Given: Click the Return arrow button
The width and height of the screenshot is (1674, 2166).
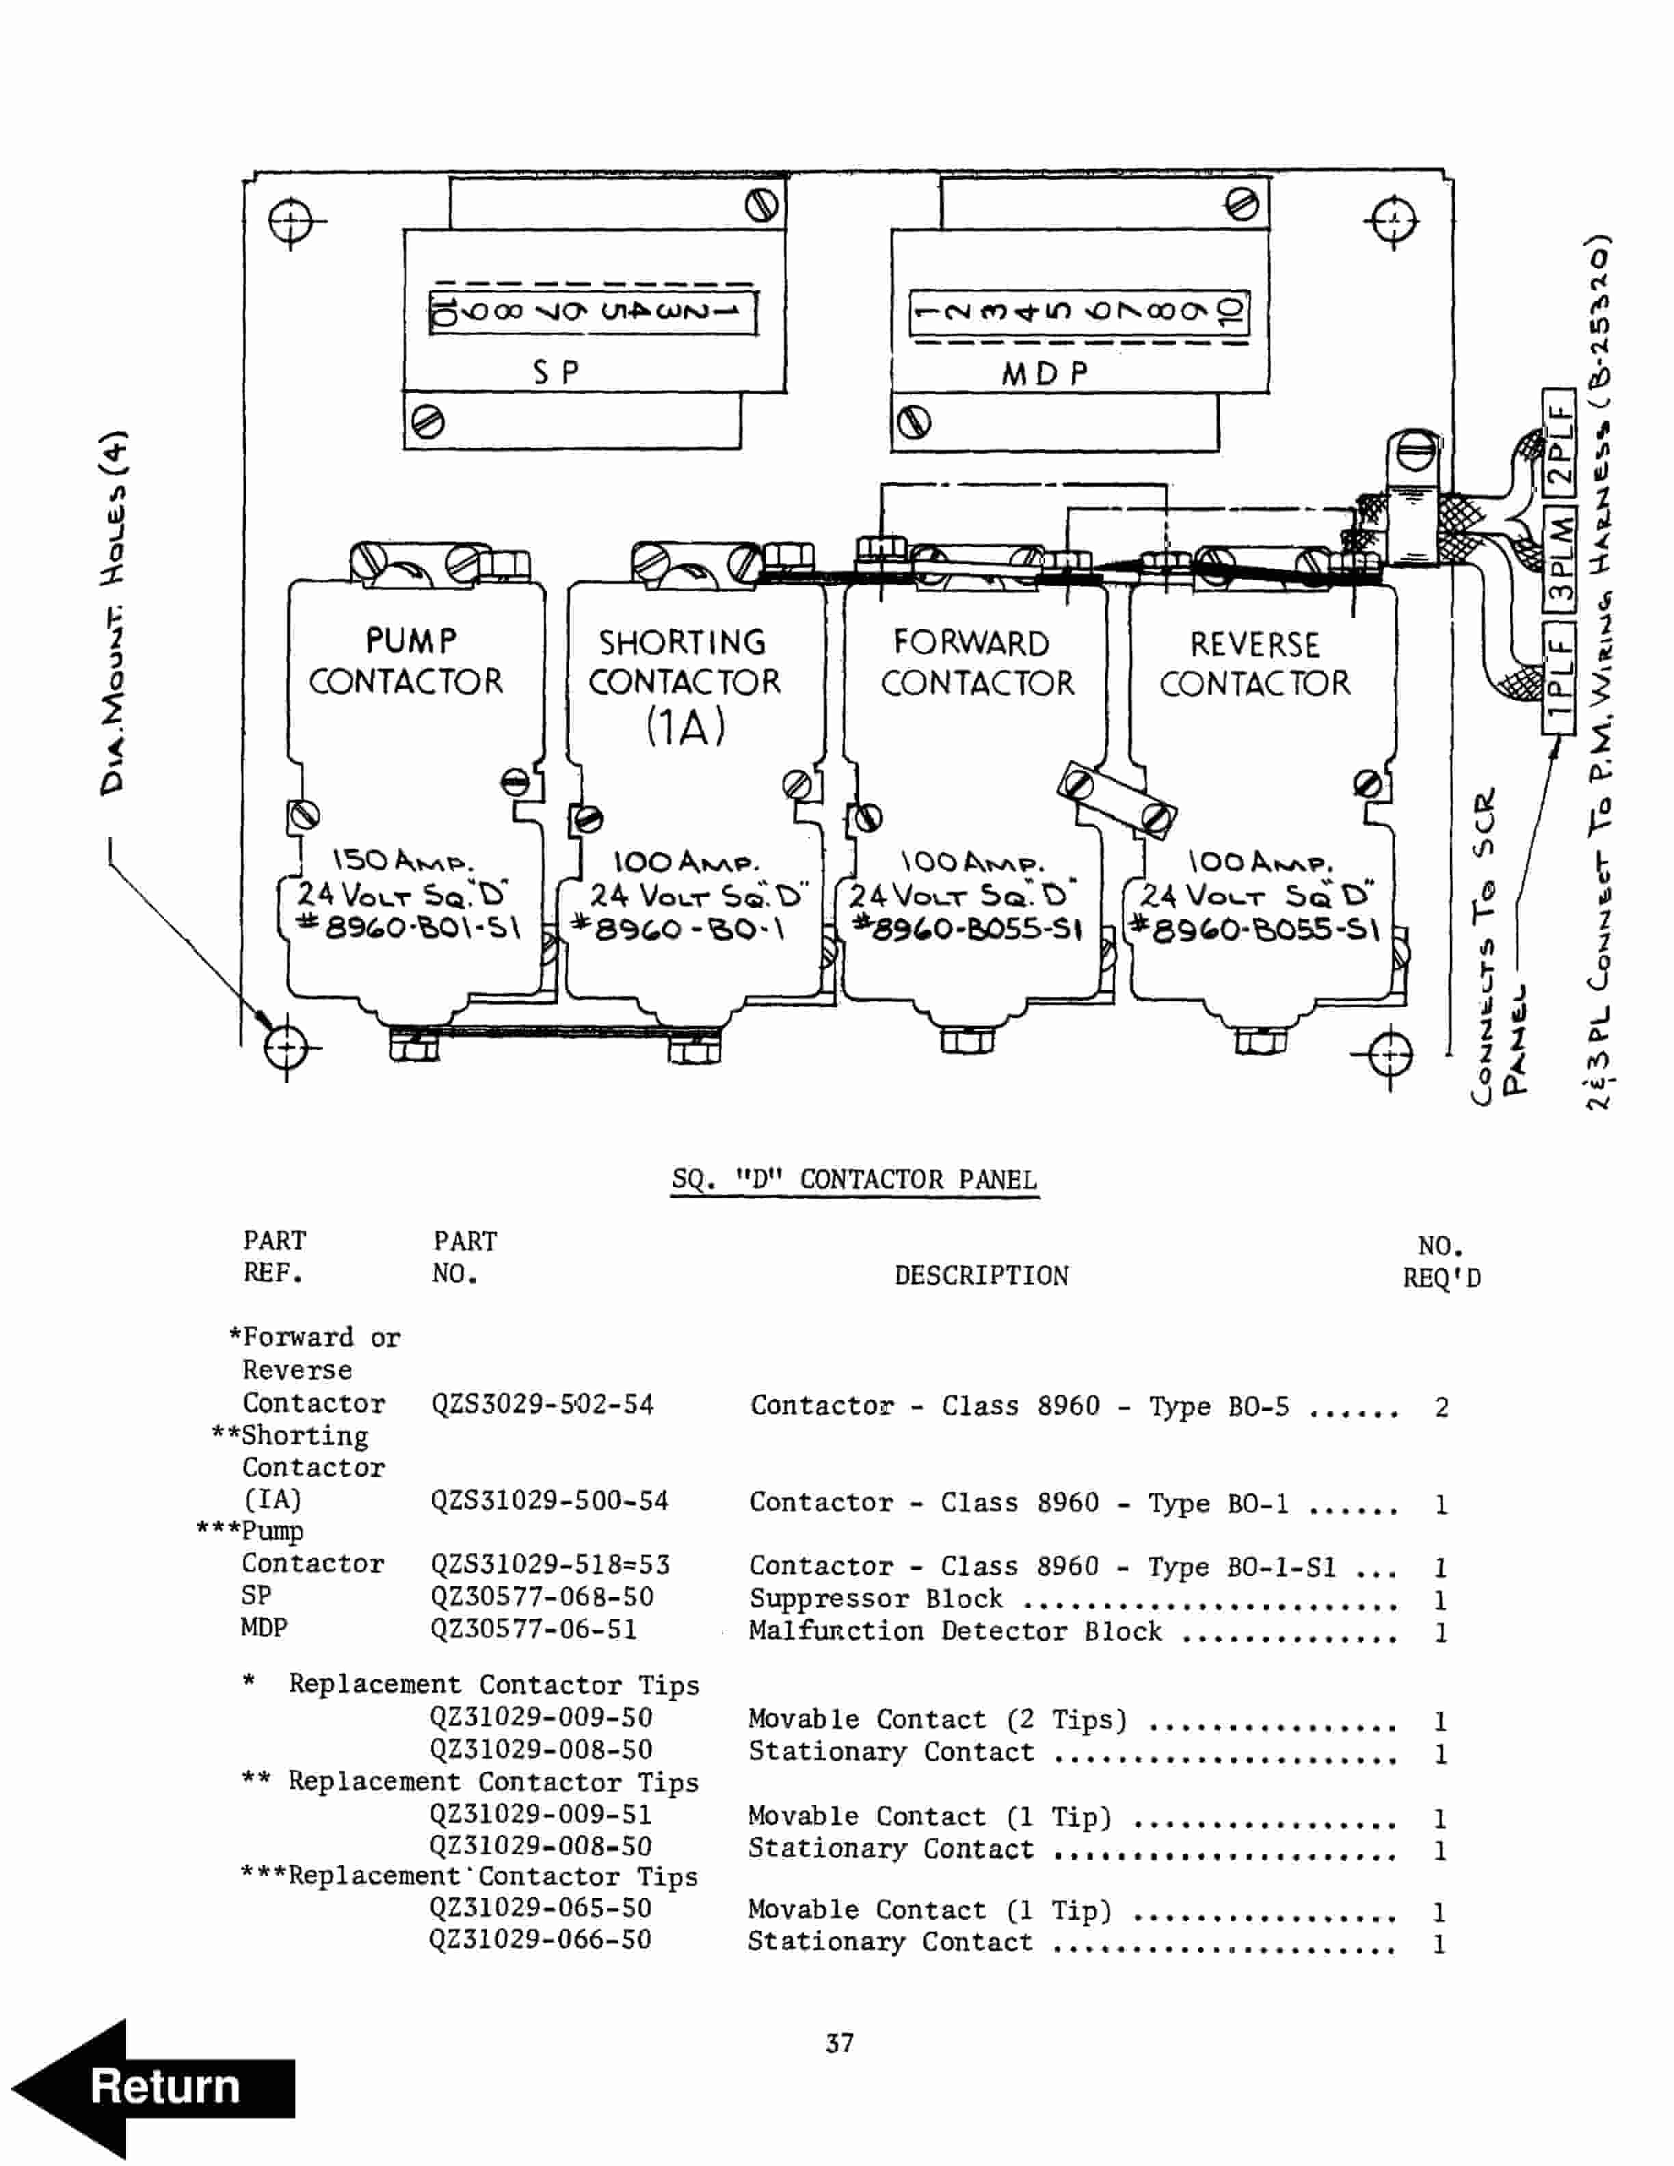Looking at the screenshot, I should click(x=154, y=2087).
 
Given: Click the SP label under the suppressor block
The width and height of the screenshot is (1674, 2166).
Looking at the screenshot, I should click(x=555, y=372).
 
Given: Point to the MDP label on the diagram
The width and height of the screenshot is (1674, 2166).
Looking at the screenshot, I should click(x=1044, y=374).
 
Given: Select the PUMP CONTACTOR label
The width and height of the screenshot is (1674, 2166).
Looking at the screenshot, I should click(x=407, y=662).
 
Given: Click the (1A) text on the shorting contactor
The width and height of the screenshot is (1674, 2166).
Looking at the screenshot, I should click(x=685, y=726).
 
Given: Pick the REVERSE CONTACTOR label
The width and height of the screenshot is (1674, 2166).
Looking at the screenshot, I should click(x=1255, y=663).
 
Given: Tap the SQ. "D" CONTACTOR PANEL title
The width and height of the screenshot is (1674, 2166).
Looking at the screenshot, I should click(x=854, y=1179).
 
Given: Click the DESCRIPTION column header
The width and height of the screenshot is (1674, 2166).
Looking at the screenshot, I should click(x=981, y=1275).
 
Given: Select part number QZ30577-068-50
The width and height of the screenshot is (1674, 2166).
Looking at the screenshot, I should click(x=542, y=1596).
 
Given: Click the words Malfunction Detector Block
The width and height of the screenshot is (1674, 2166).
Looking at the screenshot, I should click(x=954, y=1631).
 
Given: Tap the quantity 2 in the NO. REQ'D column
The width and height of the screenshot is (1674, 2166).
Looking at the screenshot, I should click(x=1441, y=1406).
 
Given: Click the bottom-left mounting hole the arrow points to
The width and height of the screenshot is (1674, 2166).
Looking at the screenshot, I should click(x=286, y=1045).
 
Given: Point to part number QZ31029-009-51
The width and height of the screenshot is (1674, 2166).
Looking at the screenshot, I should click(x=540, y=1814).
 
